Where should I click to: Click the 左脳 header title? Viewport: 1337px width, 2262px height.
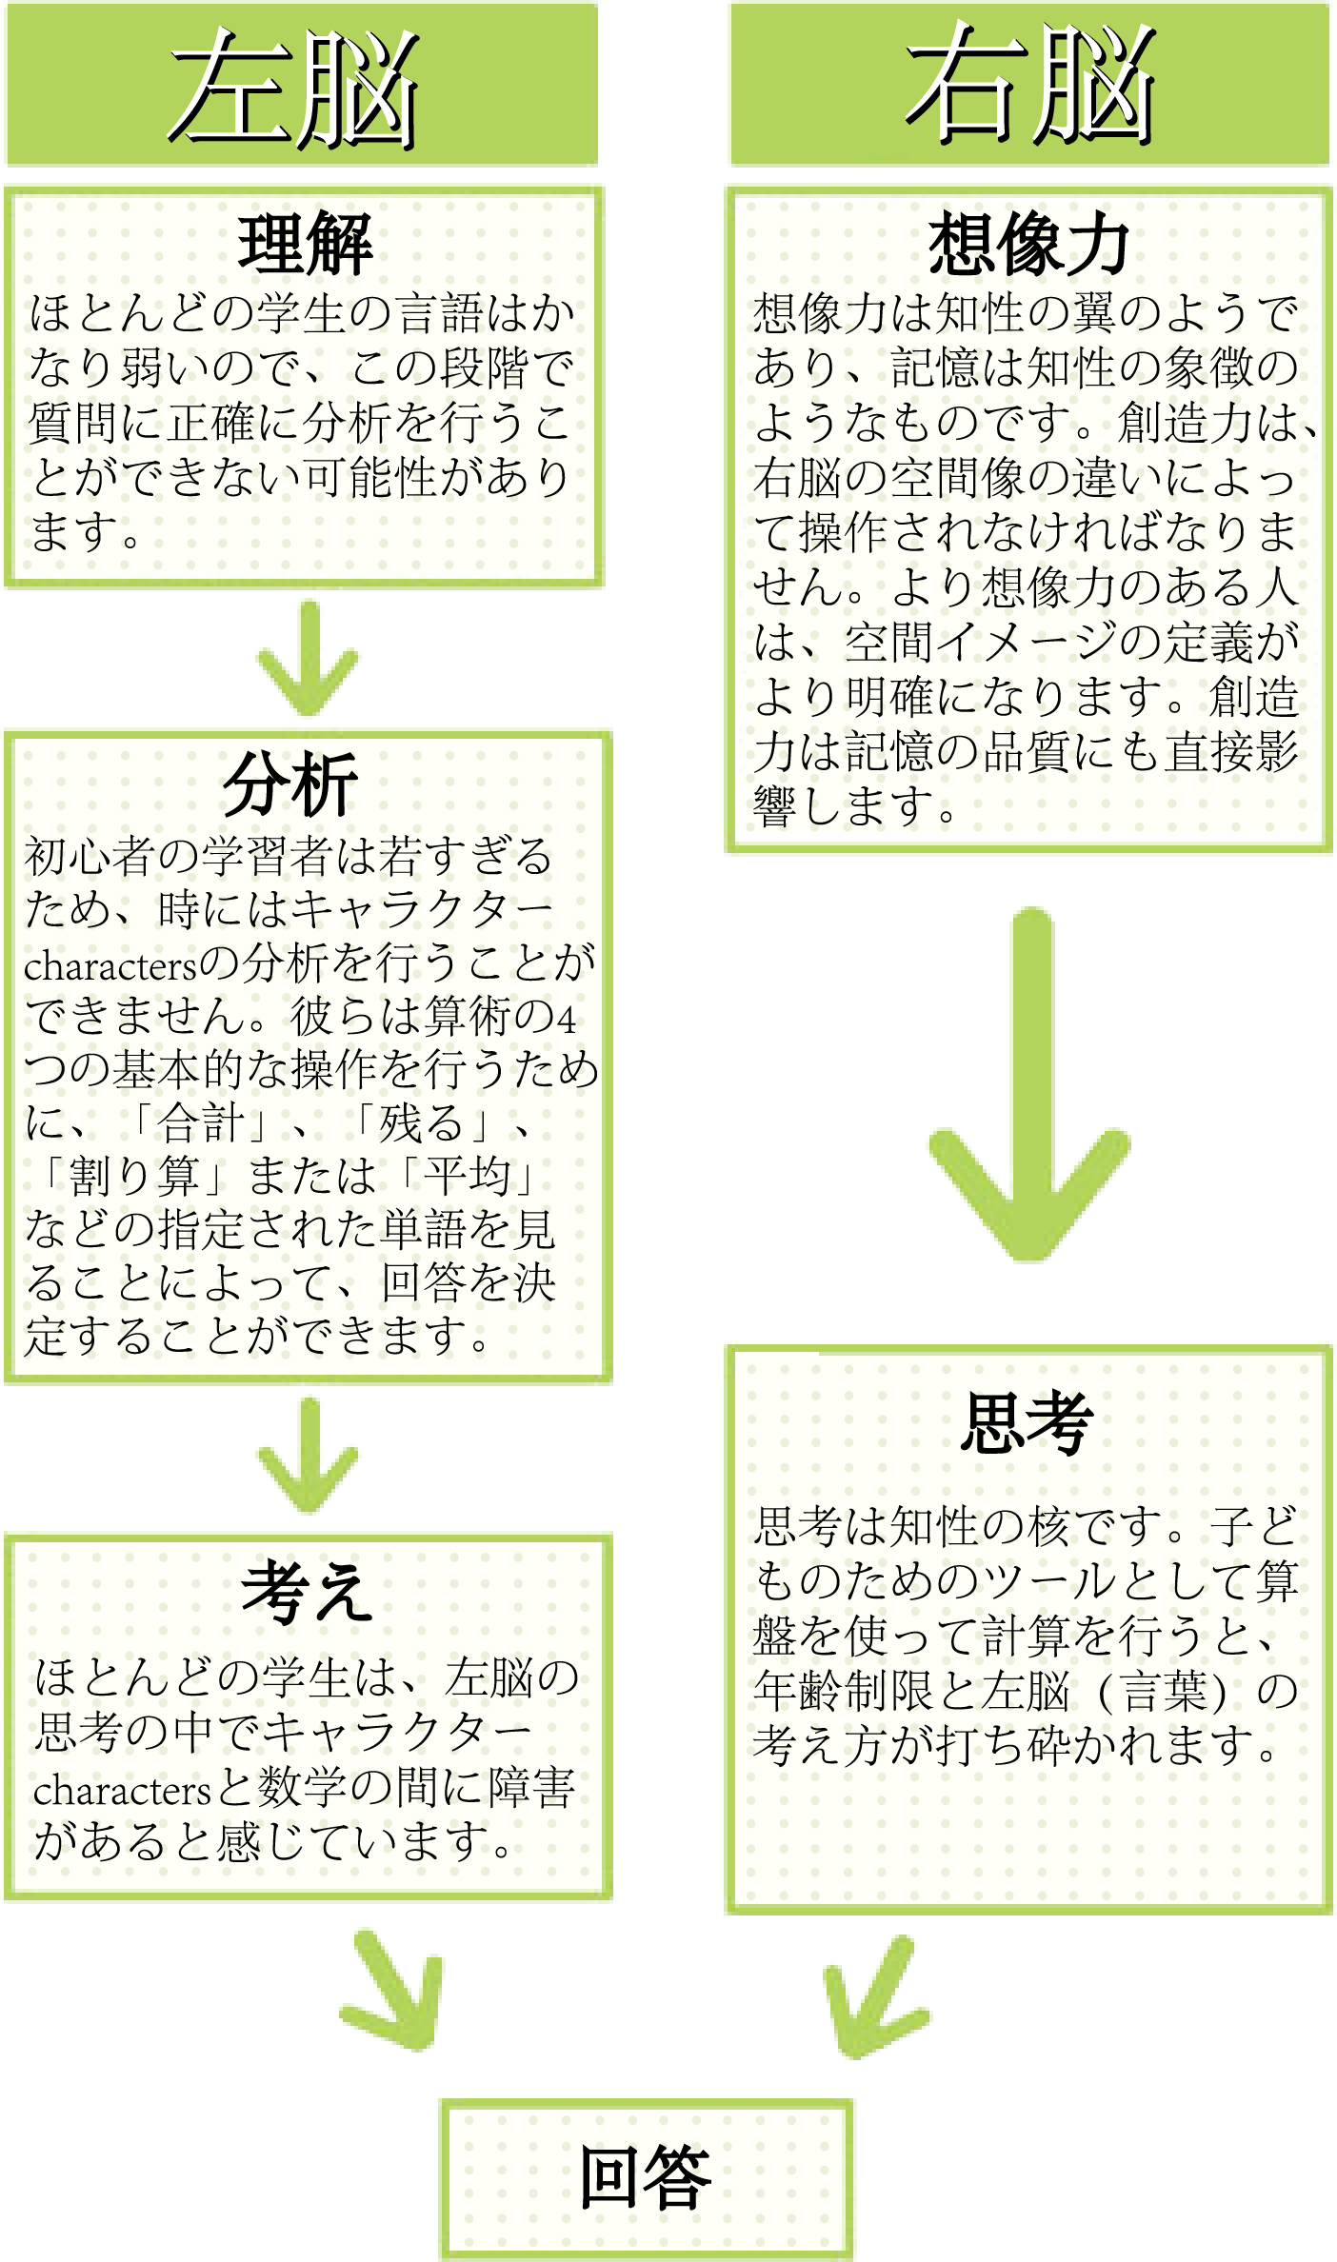[295, 88]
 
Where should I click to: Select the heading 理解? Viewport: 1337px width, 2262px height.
[306, 245]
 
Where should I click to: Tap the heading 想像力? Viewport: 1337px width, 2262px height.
[1029, 245]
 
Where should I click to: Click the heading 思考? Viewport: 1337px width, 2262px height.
[1027, 1422]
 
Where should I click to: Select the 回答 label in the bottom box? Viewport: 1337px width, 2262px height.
[647, 2178]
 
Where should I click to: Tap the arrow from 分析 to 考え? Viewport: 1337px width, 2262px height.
[308, 1456]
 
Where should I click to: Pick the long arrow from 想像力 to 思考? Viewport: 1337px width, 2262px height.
[1029, 1085]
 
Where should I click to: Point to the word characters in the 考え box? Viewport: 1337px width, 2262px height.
[122, 1791]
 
